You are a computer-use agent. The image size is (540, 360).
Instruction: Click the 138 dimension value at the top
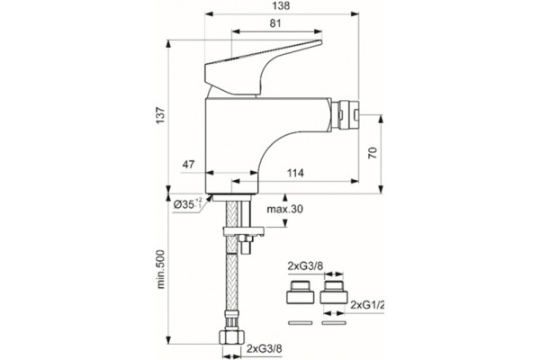tap(281, 6)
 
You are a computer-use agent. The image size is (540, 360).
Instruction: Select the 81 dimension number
tap(275, 23)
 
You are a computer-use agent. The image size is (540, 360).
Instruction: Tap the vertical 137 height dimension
tap(161, 116)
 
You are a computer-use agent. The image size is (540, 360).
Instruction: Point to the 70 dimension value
tap(373, 153)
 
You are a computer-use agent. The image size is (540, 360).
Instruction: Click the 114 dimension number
tap(295, 173)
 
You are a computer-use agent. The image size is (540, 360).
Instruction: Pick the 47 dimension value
tap(188, 165)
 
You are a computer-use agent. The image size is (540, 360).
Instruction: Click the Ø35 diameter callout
tap(187, 204)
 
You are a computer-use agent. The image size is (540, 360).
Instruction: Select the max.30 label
tap(285, 209)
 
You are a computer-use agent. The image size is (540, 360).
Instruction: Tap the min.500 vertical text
tap(161, 269)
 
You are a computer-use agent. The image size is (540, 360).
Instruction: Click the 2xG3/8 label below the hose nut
tap(264, 348)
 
